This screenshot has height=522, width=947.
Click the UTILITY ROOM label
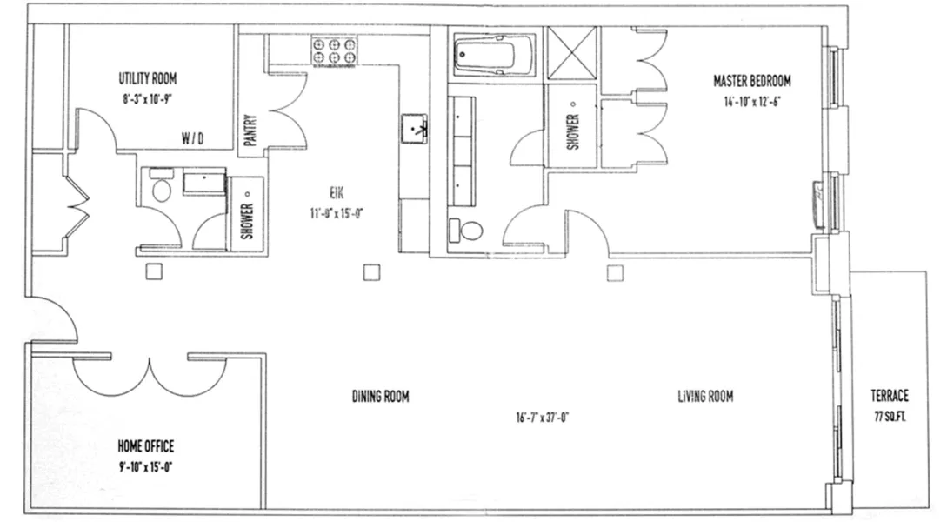coord(148,78)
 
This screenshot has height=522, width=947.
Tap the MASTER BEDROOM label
coord(751,81)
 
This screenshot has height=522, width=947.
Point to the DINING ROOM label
coord(380,397)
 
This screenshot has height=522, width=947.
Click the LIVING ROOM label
coord(705,397)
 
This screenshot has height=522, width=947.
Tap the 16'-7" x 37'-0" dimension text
coord(541,417)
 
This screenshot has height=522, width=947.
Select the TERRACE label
coord(890,394)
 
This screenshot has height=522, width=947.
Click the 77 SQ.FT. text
coord(890,416)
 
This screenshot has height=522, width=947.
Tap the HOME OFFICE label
coord(145,446)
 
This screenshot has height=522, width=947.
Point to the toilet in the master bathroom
coord(468,231)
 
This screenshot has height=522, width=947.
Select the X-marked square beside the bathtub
coord(571,54)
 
